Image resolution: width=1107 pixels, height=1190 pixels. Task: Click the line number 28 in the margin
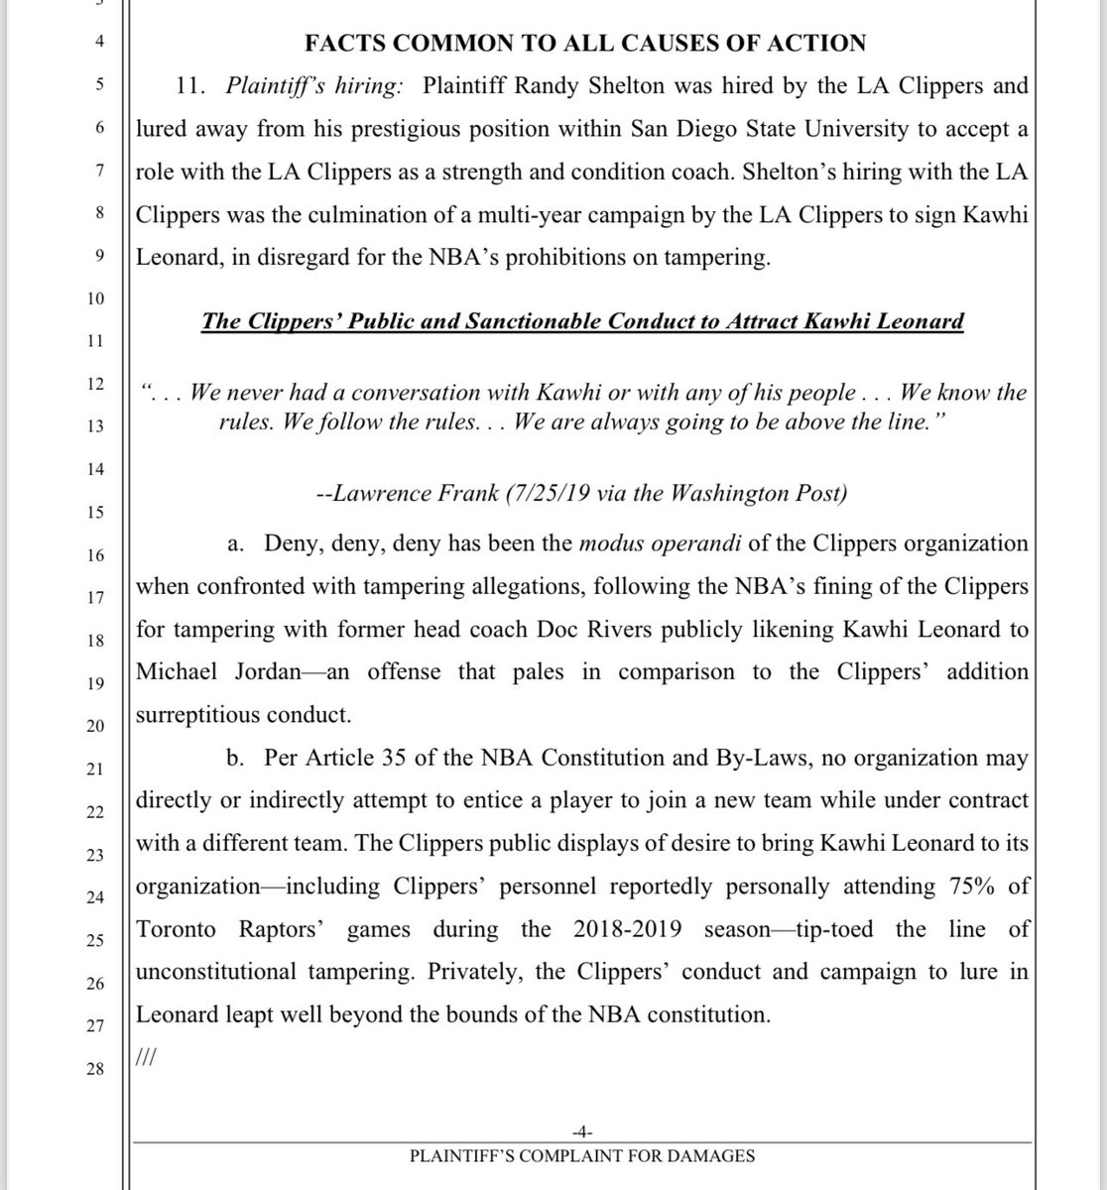94,1069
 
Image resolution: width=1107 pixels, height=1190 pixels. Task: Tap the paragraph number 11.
188,85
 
